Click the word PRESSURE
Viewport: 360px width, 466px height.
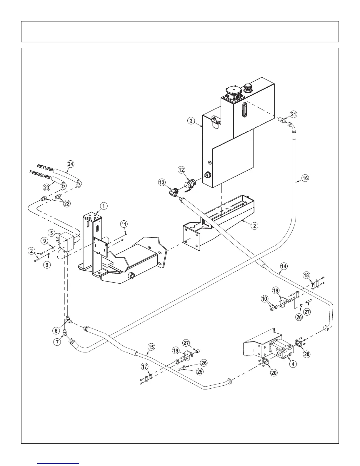click(x=40, y=174)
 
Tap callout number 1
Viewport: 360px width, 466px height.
click(x=104, y=206)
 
